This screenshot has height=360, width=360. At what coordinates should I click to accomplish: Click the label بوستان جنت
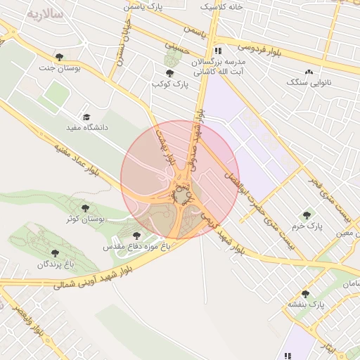[x=59, y=68]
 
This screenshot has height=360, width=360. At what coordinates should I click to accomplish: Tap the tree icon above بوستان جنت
[x=58, y=56]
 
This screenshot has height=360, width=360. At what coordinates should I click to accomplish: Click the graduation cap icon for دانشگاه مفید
[x=86, y=117]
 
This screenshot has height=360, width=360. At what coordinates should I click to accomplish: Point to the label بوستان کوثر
[x=86, y=219]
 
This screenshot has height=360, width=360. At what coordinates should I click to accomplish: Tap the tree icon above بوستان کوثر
[x=86, y=208]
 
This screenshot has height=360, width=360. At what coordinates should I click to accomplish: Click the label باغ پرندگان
[x=56, y=264]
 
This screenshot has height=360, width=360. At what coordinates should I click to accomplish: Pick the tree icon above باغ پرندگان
[x=55, y=253]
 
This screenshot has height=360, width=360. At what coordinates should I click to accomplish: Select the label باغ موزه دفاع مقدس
[x=136, y=247]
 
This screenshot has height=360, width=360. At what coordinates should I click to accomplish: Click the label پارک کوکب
[x=171, y=84]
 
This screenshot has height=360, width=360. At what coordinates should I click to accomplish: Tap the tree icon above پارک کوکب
[x=169, y=73]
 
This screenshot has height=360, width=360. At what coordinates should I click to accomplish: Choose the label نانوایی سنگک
[x=308, y=83]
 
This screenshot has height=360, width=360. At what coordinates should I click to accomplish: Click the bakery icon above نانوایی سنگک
[x=309, y=72]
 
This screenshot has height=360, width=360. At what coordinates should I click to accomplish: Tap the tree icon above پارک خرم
[x=306, y=215]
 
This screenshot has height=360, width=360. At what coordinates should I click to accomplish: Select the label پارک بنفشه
[x=304, y=304]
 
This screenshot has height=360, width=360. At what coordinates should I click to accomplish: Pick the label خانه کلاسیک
[x=221, y=6]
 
